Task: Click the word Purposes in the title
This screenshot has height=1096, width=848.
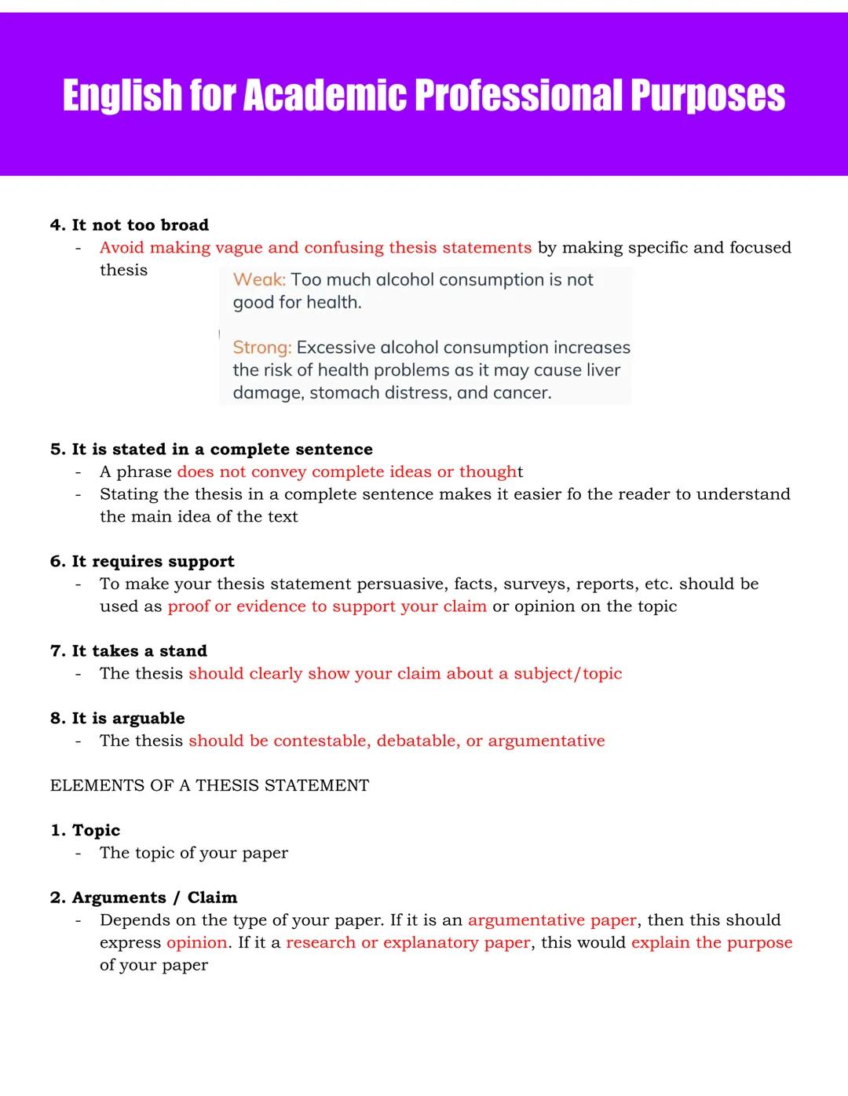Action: coord(707,96)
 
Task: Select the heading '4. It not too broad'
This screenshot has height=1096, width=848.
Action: coord(130,225)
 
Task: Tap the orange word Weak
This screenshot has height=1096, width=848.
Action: coord(259,280)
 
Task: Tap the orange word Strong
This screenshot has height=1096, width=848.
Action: coord(261,348)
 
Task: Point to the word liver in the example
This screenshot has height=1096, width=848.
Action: coord(603,370)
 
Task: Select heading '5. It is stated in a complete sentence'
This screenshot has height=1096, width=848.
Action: coord(211,450)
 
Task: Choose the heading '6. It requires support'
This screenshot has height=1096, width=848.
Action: coord(142,562)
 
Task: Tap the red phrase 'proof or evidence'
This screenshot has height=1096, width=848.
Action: coord(236,606)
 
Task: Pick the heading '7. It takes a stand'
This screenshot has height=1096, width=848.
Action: coord(129,651)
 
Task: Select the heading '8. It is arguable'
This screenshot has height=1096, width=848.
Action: coord(118,719)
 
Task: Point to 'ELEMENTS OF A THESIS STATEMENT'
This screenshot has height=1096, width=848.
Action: coord(210,786)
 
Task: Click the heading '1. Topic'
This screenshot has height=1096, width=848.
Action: coord(86,831)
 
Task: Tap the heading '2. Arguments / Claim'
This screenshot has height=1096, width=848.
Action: coord(144,898)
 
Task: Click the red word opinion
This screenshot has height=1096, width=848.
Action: coord(197,943)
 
